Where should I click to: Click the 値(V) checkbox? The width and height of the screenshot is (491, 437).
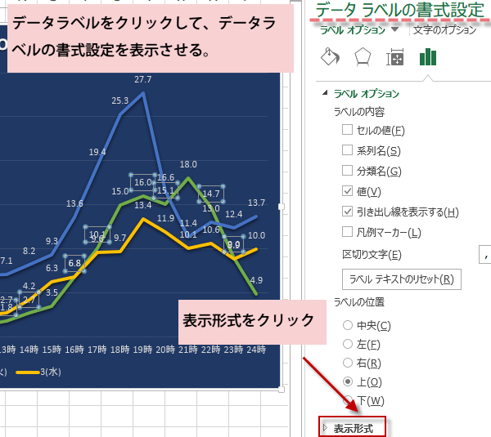point(348,191)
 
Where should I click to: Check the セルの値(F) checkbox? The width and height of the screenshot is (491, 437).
point(348,130)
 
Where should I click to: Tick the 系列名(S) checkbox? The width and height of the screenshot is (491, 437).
point(348,150)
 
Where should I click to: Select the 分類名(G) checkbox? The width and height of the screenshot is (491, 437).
point(348,171)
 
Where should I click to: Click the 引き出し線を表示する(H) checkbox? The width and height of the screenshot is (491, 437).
point(348,212)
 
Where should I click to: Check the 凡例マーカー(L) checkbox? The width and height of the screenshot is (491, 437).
point(348,232)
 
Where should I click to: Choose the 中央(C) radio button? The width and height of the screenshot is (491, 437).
point(348,326)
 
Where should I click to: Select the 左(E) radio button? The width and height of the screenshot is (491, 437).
point(348,345)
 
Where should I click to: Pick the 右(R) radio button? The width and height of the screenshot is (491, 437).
point(348,363)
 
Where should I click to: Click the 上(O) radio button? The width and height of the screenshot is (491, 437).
point(348,381)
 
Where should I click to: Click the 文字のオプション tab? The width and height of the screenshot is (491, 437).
point(444,30)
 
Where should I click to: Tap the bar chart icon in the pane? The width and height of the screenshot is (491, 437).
point(428,57)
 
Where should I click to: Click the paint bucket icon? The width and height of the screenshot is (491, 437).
point(329,57)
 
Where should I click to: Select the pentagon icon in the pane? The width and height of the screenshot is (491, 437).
point(363,57)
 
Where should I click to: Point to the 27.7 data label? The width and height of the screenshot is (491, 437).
point(143,79)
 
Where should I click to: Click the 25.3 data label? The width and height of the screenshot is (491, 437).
point(120,100)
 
